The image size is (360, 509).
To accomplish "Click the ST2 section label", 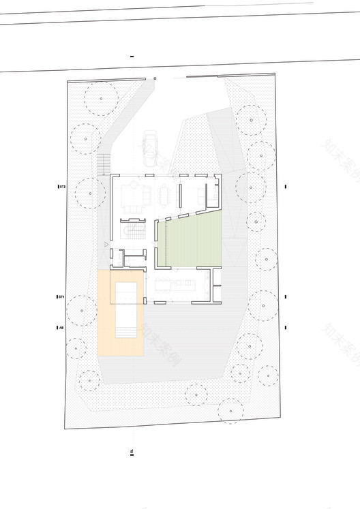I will pyautogui.click(x=61, y=185).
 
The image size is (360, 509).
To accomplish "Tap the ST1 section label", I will pyautogui.click(x=61, y=297).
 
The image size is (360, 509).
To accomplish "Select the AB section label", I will pyautogui.click(x=61, y=328).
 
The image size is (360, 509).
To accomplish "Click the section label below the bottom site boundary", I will pyautogui.click(x=132, y=451).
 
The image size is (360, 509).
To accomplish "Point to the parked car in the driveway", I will pyautogui.click(x=150, y=149).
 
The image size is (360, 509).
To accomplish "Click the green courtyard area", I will pyautogui.click(x=194, y=242).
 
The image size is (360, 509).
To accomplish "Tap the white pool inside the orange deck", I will pyautogui.click(x=125, y=303).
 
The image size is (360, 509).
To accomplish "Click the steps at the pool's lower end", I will pyautogui.click(x=125, y=333).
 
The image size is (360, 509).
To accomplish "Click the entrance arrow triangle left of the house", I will pyautogui.click(x=105, y=243).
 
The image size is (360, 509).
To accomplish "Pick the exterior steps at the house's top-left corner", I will pyautogui.click(x=104, y=164).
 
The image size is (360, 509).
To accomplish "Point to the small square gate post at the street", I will pyautogui.click(x=155, y=80).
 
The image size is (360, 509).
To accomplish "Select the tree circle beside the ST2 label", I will pyautogui.click(x=91, y=193).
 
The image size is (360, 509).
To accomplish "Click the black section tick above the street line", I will pyautogui.click(x=132, y=56).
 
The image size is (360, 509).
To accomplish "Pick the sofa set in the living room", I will pyautogui.click(x=132, y=197).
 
